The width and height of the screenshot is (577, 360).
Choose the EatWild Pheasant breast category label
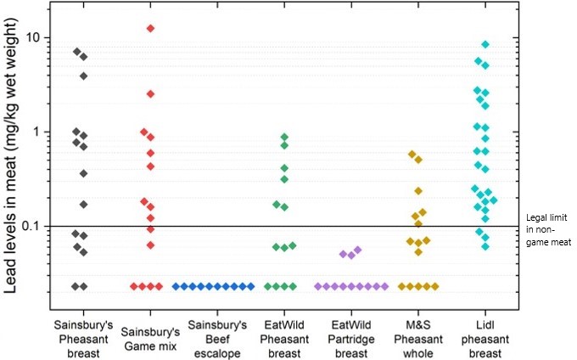tap(284, 338)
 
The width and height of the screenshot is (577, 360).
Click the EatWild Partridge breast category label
tap(350, 338)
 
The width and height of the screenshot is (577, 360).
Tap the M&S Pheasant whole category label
tap(417, 338)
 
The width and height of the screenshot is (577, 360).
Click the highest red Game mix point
tap(150, 28)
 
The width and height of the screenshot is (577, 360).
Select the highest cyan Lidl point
tap(485, 44)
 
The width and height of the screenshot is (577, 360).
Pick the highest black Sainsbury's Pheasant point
tap(76, 52)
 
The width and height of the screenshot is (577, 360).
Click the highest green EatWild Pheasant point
tap(285, 137)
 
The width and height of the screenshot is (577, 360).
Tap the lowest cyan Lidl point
tap(485, 246)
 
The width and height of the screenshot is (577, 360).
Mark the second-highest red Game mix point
tap(150, 93)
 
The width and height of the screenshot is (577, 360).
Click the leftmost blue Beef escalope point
tap(176, 286)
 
